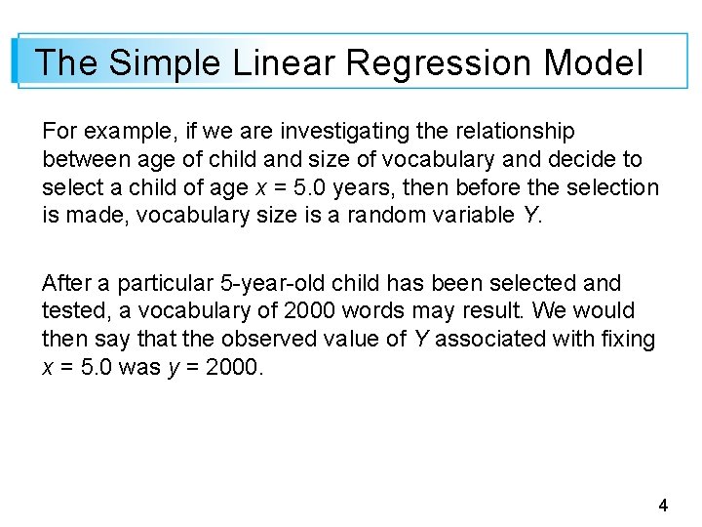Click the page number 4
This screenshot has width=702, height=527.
coord(663,506)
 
